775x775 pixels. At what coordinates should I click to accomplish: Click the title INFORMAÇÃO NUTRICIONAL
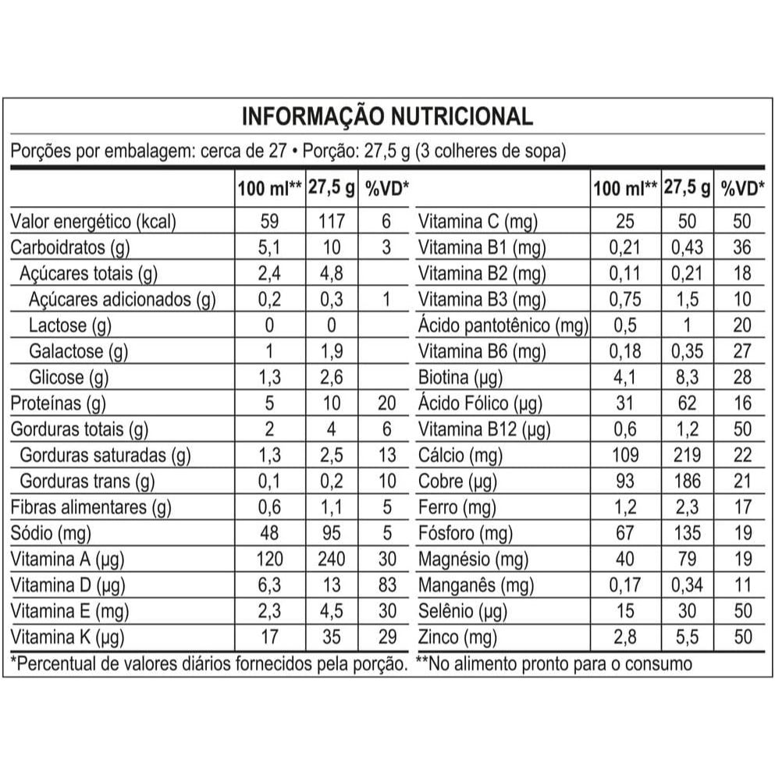387,117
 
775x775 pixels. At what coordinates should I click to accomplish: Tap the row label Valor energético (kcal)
93,222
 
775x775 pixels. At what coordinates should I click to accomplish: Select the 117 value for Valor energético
332,222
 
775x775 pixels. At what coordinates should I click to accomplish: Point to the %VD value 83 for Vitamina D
386,585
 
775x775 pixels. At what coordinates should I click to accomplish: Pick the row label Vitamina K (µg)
68,637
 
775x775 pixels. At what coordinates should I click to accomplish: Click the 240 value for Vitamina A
332,559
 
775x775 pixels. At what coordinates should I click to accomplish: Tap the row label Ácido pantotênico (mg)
503,325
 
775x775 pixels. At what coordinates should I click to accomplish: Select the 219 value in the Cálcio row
687,455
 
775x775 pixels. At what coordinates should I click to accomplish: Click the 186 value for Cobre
687,481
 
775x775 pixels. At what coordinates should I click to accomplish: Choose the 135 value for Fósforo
687,533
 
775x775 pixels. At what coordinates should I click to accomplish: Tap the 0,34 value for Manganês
687,585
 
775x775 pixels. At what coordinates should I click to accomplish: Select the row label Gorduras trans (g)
87,481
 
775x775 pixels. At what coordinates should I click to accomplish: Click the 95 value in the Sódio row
332,533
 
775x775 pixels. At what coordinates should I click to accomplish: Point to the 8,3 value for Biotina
687,378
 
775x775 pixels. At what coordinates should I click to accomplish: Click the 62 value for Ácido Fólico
687,403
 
